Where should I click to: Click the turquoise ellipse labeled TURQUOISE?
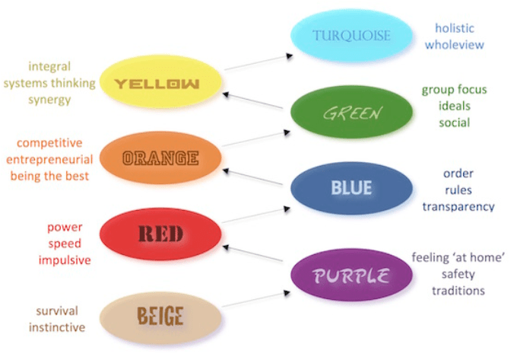tap(351, 35)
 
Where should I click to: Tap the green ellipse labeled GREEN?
tap(351, 113)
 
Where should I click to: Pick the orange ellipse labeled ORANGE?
tap(160, 158)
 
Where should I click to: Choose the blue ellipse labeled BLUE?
tap(351, 187)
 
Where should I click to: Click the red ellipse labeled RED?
tap(160, 234)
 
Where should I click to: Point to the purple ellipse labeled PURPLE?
tap(351, 274)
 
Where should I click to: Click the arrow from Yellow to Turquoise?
tap(256, 62)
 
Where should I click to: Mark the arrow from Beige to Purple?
tap(256, 299)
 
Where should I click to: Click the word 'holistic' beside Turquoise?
tap(454, 28)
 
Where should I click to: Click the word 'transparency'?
tap(458, 206)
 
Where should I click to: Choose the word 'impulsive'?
tap(64, 260)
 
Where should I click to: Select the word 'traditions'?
tap(458, 290)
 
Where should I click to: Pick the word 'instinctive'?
tap(56, 327)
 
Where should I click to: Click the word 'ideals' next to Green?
tap(454, 106)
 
